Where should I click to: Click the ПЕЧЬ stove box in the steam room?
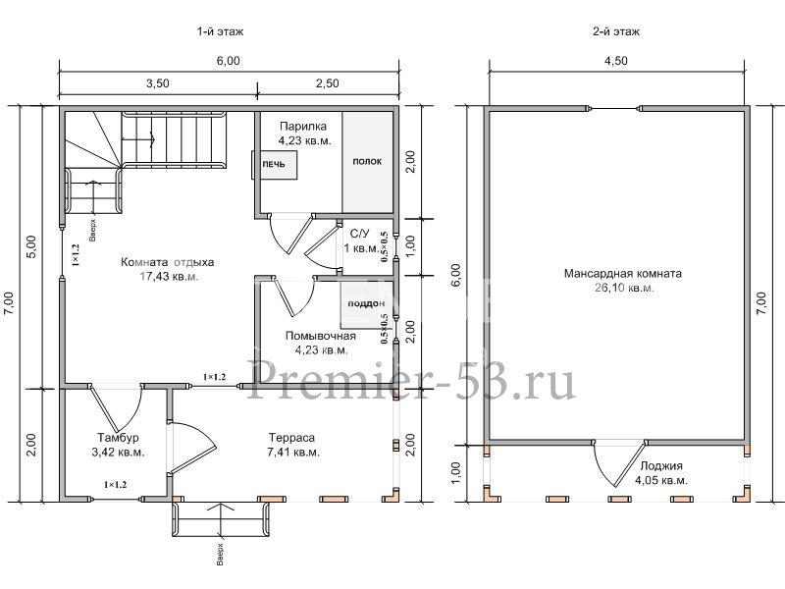275,164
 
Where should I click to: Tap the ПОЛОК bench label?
367,161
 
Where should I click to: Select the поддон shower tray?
366,304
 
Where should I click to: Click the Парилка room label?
303,127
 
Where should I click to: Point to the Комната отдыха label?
167,262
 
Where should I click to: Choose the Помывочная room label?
321,336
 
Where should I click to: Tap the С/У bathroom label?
359,234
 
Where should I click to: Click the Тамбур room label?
118,438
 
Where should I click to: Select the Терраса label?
291,438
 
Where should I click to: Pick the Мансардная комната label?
623,274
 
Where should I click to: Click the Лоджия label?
661,465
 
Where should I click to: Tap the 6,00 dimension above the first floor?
228,61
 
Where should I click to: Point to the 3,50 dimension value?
157,83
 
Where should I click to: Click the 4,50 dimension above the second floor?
616,61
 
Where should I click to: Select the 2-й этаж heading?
616,31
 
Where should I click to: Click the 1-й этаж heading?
220,31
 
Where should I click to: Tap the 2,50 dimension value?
328,83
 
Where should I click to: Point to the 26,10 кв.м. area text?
624,288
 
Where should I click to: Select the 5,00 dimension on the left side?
30,246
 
